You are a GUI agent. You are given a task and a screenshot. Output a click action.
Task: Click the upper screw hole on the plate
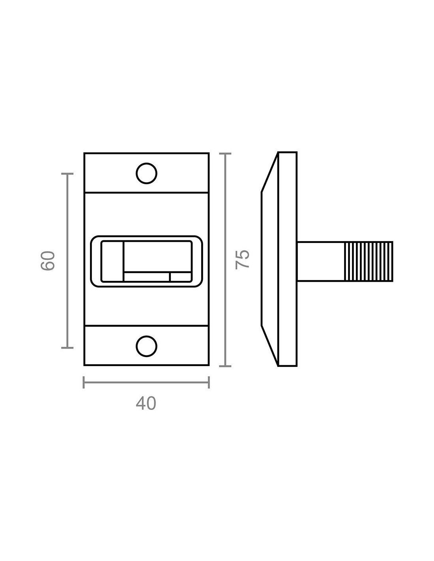[146, 173]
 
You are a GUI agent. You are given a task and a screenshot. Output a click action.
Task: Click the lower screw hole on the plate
[146, 346]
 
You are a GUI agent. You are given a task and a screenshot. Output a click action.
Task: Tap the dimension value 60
[48, 260]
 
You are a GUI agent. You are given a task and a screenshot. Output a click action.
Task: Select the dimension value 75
[242, 259]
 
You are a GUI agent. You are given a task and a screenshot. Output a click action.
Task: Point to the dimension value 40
[146, 403]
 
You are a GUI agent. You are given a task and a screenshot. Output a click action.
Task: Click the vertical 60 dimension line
[67, 261]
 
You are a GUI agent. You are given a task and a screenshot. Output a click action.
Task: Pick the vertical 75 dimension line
[225, 260]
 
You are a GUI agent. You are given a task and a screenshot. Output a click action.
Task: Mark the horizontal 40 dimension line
[146, 382]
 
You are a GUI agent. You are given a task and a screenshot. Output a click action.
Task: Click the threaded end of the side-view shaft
[369, 261]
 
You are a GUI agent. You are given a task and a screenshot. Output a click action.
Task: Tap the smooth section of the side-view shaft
[321, 261]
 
